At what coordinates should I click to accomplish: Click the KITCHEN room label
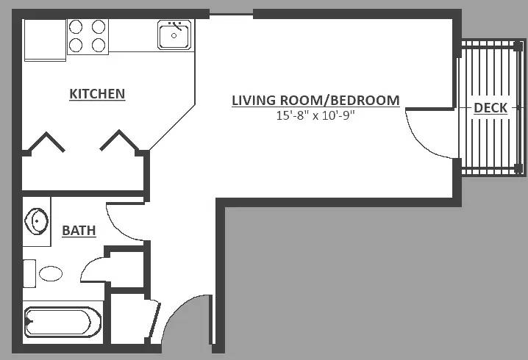pos(97,94)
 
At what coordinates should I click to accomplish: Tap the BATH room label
pos(79,231)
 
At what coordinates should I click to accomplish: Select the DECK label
pos(490,108)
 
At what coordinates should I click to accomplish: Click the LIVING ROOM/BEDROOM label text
pos(316,101)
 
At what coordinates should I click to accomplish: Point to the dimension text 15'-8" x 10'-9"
pos(316,116)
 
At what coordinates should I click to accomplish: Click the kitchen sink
pos(174,35)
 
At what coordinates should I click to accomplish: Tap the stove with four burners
pos(88,36)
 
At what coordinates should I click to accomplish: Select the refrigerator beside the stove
pos(45,40)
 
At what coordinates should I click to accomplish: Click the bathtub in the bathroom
pos(63,322)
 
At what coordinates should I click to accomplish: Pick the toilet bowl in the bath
pos(51,273)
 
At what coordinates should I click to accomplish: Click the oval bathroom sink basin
pos(37,221)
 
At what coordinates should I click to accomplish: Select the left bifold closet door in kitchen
pos(47,142)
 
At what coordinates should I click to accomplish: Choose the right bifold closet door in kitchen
pos(118,140)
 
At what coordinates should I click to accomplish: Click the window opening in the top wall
pos(231,14)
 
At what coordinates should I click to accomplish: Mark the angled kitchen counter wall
pos(172,127)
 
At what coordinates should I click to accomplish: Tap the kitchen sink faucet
pos(177,26)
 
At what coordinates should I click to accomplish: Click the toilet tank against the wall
pos(29,273)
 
